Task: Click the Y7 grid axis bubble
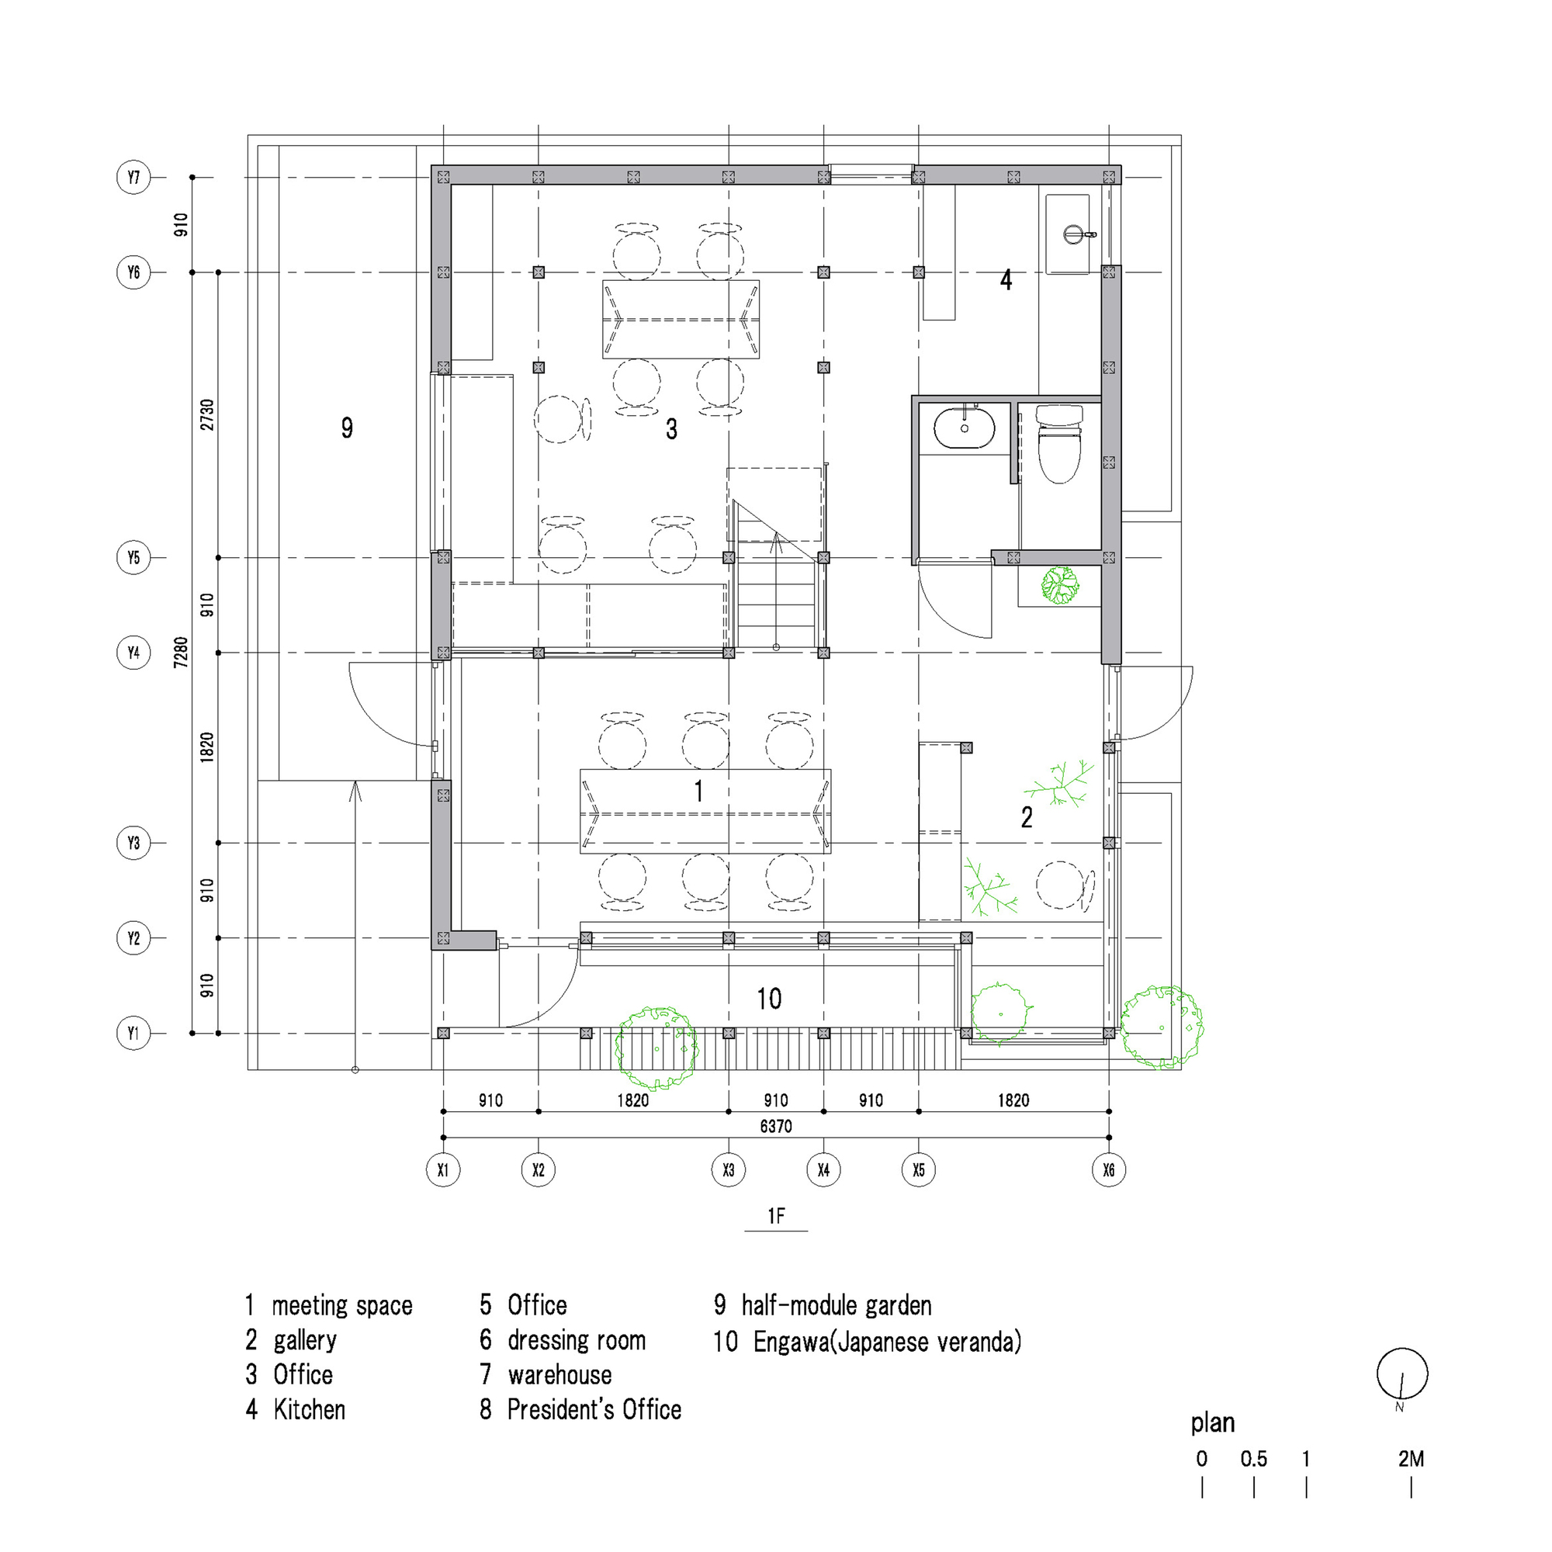pos(133,177)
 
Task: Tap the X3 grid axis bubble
pos(728,1169)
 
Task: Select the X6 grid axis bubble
pos(1109,1169)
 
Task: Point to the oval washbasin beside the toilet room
pos(964,428)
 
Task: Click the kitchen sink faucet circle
pos(1073,234)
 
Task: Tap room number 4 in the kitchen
pos(1006,279)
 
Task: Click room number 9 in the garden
pos(347,428)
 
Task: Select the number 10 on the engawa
pos(769,999)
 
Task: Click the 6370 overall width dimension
pos(775,1126)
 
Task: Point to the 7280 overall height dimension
pos(182,652)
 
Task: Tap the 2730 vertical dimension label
pos(207,414)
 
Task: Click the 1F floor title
pos(776,1216)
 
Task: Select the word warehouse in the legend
pos(560,1374)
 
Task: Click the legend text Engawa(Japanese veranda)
pos(888,1342)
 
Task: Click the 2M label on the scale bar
pos(1411,1458)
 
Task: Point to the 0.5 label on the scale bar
pos(1253,1458)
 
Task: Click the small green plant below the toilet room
pos(1059,585)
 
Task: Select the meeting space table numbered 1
pos(705,812)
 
